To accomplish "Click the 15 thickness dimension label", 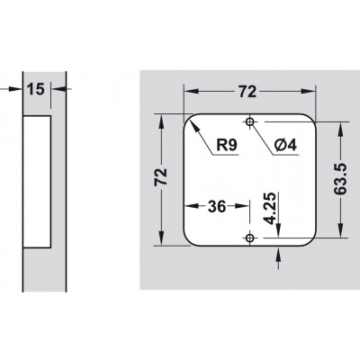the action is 36,89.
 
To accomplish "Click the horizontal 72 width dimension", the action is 247,92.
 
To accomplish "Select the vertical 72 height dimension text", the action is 160,177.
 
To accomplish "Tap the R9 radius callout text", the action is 227,146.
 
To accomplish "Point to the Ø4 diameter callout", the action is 285,146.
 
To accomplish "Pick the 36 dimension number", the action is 217,206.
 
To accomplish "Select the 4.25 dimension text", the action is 269,209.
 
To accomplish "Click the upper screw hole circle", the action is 249,121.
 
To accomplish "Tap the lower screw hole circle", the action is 249,238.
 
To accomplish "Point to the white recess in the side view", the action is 37,182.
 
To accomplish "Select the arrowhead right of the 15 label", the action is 58,89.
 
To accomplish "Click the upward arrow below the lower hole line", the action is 279,255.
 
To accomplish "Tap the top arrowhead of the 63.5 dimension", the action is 340,129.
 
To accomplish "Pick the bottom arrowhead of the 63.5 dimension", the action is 340,230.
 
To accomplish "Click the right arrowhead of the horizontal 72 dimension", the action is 309,91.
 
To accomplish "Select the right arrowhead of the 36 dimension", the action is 242,206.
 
